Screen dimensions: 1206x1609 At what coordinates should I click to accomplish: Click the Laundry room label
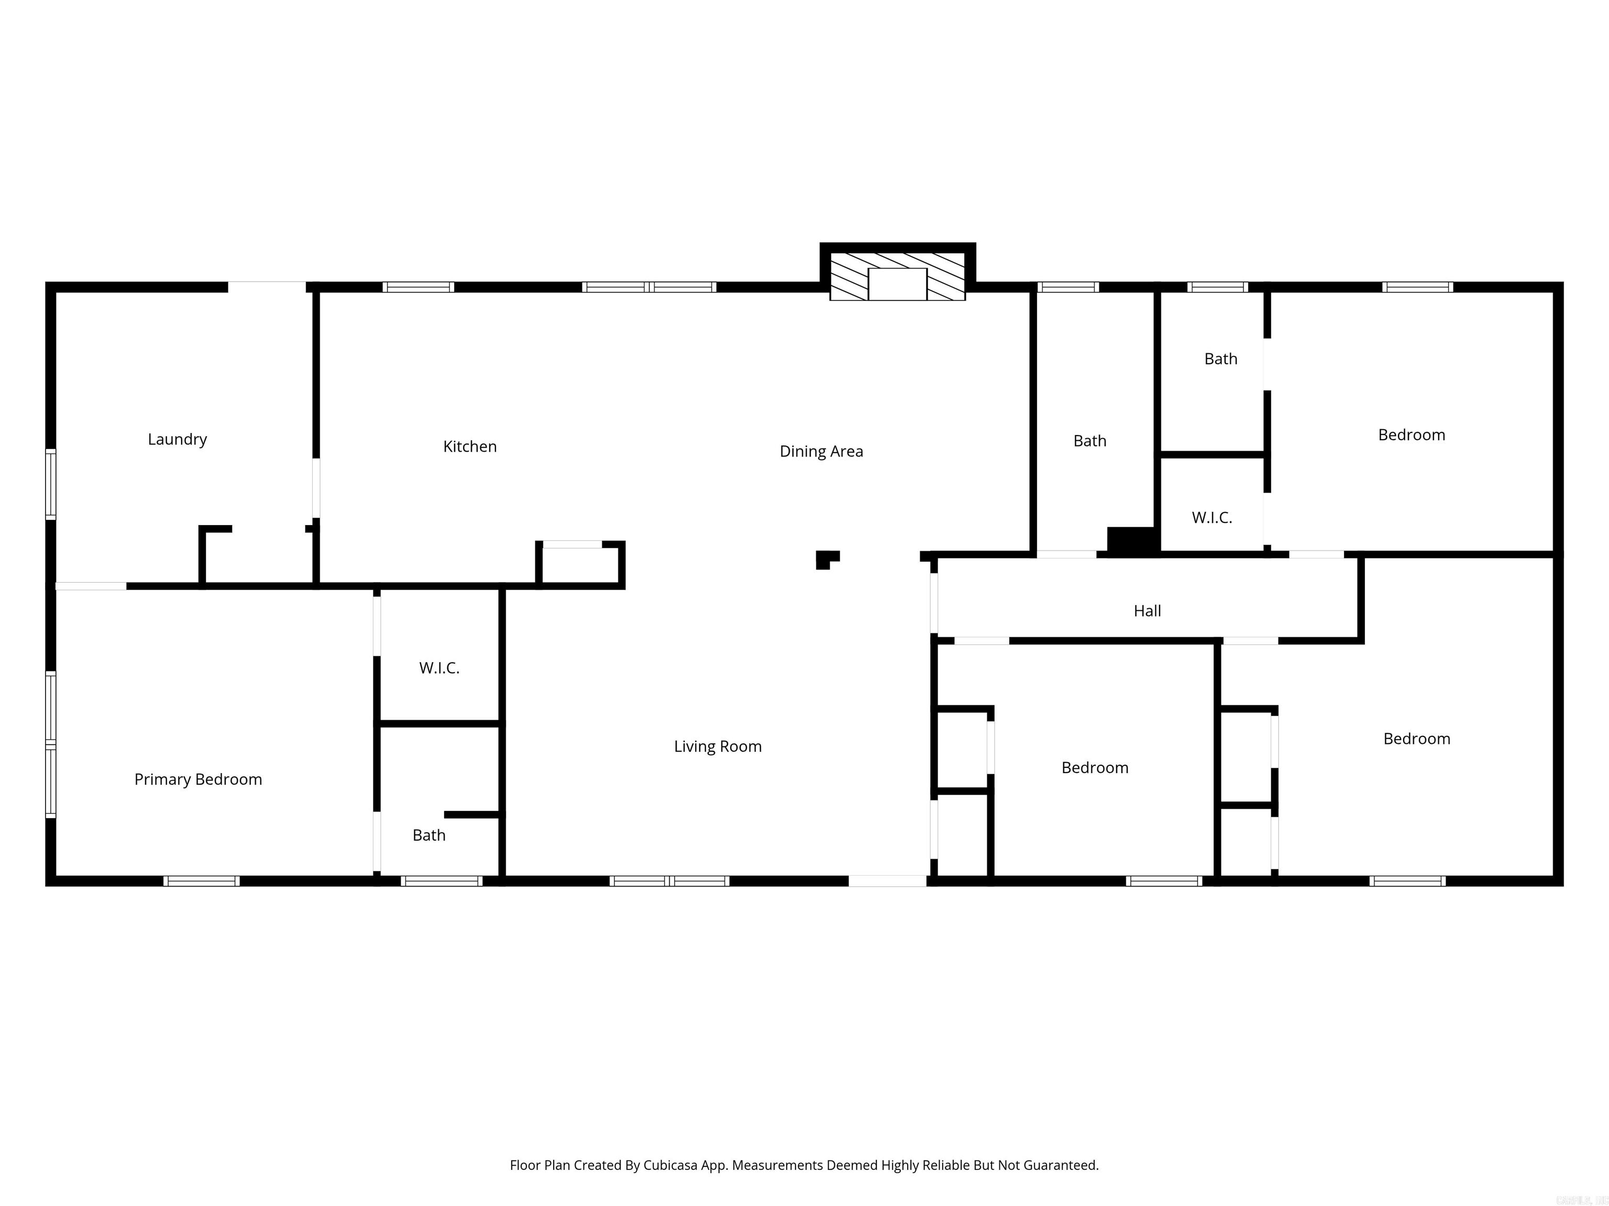click(x=178, y=439)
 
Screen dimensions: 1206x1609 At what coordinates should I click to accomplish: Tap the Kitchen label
click(x=470, y=446)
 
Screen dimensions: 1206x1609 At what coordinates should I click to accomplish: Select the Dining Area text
click(x=821, y=451)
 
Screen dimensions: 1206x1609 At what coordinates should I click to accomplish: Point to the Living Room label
click(x=717, y=746)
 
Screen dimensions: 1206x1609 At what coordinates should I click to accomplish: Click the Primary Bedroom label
click(x=198, y=779)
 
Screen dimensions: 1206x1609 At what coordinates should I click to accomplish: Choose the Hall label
click(x=1147, y=611)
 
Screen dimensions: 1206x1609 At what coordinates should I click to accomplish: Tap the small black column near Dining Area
click(x=825, y=559)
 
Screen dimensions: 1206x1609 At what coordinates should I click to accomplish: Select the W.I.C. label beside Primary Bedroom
click(x=439, y=668)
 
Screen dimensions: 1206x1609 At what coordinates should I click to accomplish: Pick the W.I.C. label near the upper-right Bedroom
click(x=1212, y=518)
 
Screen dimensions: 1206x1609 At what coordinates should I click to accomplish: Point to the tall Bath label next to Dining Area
click(x=1089, y=441)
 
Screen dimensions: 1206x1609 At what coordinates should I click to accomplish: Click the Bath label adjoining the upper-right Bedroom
click(x=1220, y=359)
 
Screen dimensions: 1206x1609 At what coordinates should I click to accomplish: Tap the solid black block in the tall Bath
click(x=1132, y=541)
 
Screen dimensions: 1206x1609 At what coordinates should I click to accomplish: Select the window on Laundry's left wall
click(x=51, y=484)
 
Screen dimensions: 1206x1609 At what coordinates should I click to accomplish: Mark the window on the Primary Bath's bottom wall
click(x=442, y=881)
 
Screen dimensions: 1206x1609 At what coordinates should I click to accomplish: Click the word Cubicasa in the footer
click(x=670, y=1165)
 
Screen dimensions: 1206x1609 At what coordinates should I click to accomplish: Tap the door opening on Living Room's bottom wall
click(x=887, y=881)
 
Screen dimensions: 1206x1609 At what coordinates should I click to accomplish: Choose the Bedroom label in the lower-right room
click(x=1416, y=739)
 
